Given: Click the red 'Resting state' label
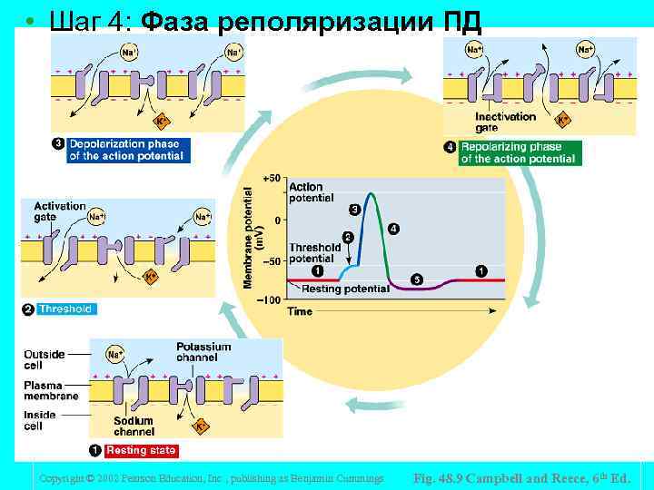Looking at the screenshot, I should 141,450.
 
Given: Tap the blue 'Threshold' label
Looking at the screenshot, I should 65,309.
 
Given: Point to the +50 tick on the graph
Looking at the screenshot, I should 272,179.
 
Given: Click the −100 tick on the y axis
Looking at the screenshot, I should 270,299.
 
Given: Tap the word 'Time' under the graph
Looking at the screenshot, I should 300,312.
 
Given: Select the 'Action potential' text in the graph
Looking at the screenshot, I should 311,192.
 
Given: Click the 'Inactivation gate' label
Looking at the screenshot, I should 505,122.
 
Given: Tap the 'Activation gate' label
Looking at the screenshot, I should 59,211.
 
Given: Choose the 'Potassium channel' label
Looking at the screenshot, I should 203,352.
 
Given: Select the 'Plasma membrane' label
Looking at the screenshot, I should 50,390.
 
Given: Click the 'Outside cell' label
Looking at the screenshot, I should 45,359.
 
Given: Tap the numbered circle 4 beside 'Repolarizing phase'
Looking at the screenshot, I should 450,148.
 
